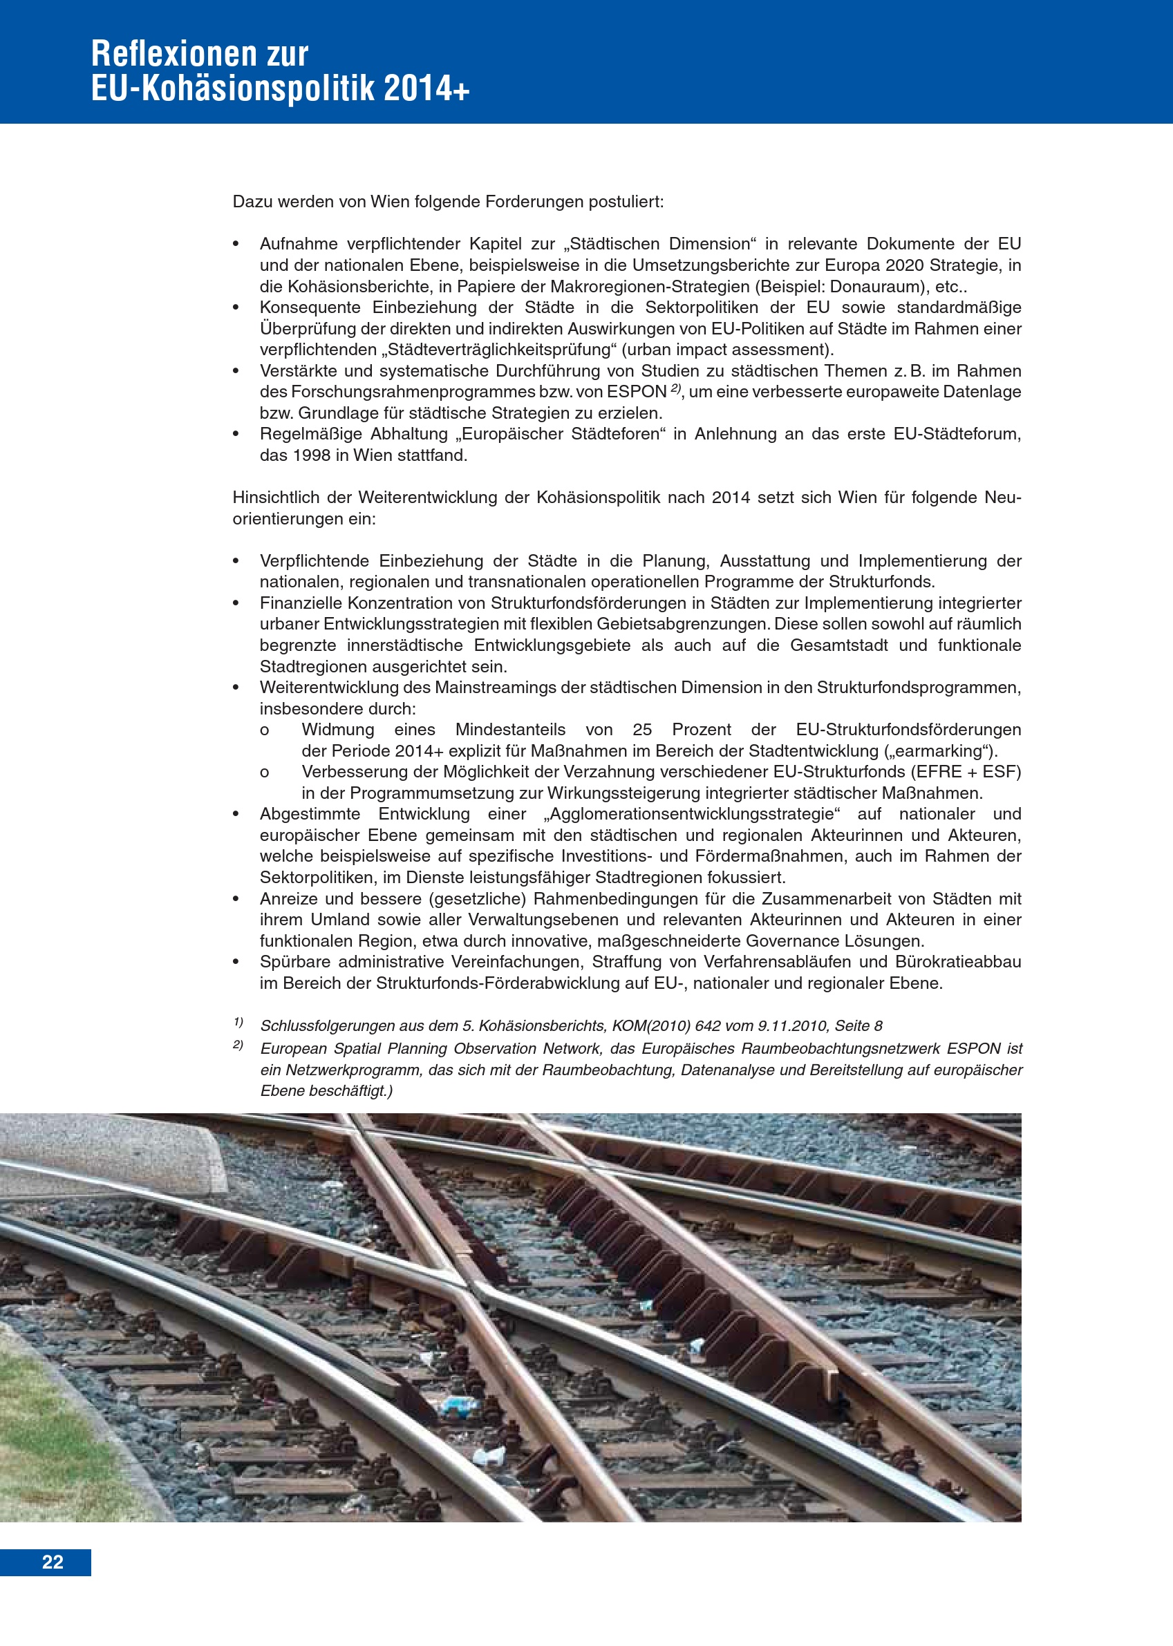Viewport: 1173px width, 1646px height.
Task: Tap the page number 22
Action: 53,1562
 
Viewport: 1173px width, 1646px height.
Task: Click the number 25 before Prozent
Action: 642,729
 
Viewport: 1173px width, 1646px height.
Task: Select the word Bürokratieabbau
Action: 958,962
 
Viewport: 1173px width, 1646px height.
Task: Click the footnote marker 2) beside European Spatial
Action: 238,1045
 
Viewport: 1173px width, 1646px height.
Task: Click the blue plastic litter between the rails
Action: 460,1405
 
